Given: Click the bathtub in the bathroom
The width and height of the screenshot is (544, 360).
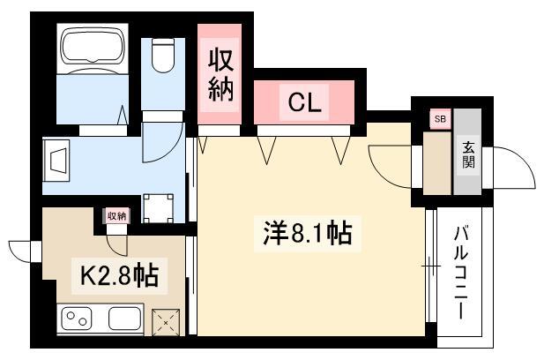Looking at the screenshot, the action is point(93,49).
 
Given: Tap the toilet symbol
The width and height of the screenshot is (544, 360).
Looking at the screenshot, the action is point(163,55).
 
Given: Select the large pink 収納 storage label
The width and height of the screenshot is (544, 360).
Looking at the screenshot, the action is point(220,75).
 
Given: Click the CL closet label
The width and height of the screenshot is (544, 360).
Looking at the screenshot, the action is point(304,102).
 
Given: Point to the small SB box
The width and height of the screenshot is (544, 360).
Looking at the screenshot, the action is point(440,119).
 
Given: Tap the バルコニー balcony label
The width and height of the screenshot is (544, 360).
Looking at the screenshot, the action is point(461,272).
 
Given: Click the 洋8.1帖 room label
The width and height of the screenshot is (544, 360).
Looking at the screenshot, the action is point(308,233).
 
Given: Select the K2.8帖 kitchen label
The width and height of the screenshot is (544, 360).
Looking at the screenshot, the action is point(119,275).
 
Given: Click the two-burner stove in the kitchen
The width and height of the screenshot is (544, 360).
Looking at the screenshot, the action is point(77,319).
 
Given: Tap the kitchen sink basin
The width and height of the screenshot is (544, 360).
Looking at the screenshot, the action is point(124,319).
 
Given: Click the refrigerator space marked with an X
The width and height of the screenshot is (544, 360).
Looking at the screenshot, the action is point(166,323).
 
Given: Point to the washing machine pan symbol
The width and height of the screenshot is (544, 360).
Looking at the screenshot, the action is point(158,208).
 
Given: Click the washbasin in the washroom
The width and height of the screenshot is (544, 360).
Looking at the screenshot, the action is point(56,161).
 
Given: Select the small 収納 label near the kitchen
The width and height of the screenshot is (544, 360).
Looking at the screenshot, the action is point(116,216).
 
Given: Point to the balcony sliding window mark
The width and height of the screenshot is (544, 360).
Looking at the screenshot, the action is point(431,266).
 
